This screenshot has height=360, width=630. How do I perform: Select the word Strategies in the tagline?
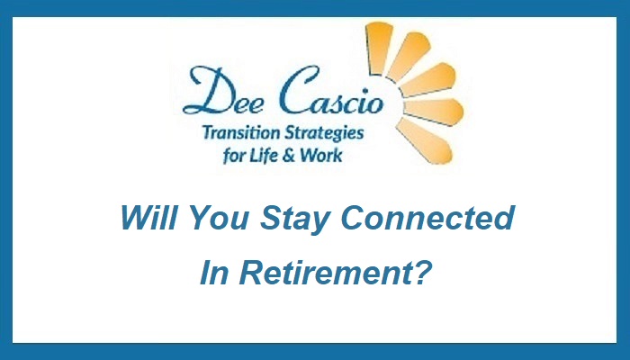[x=324, y=133]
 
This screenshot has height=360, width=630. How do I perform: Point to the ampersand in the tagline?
[x=289, y=156]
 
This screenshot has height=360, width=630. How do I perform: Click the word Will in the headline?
[x=148, y=218]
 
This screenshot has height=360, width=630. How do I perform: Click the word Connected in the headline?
[x=427, y=218]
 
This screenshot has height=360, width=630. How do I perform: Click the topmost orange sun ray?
[x=379, y=48]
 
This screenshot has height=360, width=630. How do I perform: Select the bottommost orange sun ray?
[x=424, y=141]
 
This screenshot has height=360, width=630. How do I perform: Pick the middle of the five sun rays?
[x=427, y=79]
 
